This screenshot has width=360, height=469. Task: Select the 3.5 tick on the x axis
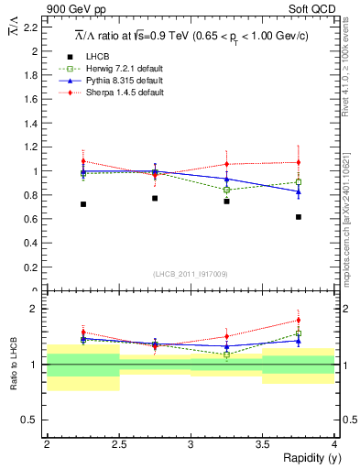point(263,444)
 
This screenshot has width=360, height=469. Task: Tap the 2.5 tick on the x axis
point(119,444)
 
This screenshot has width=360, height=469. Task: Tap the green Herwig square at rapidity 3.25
point(227,190)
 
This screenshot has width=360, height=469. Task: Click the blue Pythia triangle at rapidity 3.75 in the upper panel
point(299,191)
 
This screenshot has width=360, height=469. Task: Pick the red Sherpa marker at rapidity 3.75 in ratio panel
point(299,321)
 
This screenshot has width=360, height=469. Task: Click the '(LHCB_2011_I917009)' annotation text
point(191,274)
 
